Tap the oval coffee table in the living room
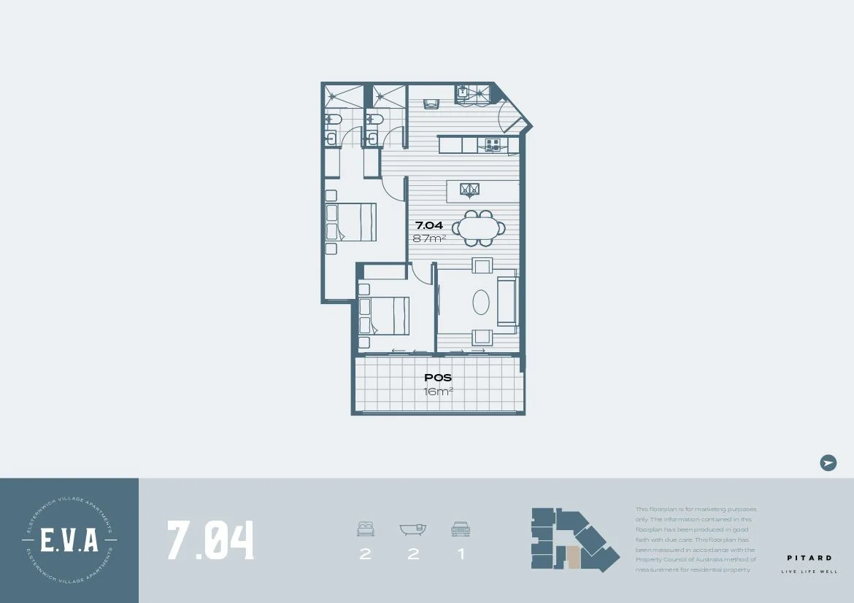pos(480,303)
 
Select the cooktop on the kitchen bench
pos(492,145)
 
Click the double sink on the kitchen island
pos(469,190)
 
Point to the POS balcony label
pos(438,378)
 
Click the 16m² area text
pos(438,392)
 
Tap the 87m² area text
pos(430,238)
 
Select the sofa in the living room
pos(507,302)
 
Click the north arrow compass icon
pos(828,462)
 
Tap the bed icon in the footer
pos(365,529)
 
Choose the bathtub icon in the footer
pos(413,529)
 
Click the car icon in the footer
pos(460,529)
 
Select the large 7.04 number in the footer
pos(211,540)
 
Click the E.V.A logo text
pos(69,541)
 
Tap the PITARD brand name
pos(809,558)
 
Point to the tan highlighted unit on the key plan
pos(574,558)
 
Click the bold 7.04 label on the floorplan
pos(429,225)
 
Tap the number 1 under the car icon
pos(461,554)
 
